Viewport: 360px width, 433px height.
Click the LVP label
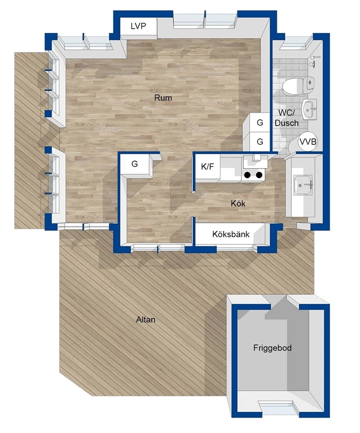[x=138, y=26]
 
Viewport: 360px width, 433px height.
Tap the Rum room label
[x=163, y=98]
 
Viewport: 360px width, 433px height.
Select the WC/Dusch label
[x=287, y=118]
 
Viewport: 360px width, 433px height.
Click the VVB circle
[x=308, y=142]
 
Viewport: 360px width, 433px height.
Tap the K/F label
[x=207, y=167]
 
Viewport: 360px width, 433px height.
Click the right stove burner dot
[x=259, y=175]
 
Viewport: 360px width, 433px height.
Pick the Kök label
[x=238, y=204]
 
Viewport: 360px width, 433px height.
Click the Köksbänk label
[x=231, y=234]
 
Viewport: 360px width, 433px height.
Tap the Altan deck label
[x=146, y=320]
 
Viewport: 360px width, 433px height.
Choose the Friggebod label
[x=272, y=348]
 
